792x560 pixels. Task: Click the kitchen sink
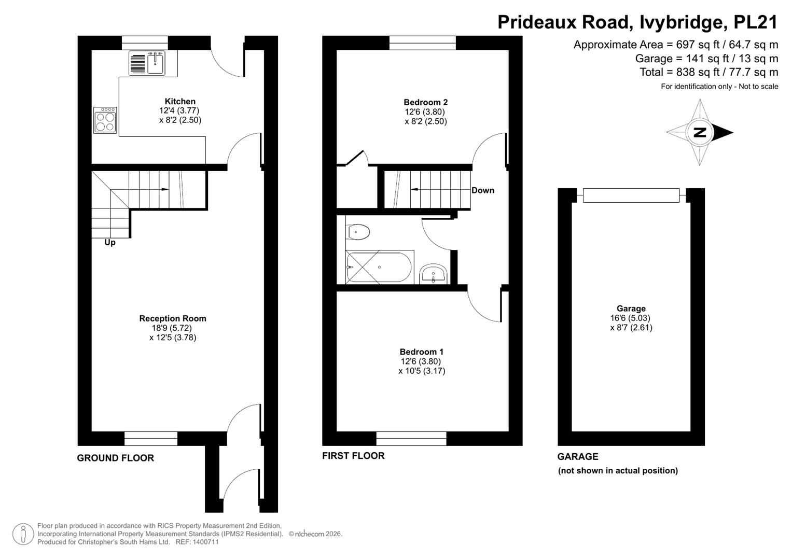coord(147,63)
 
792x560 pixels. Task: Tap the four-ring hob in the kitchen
coord(105,120)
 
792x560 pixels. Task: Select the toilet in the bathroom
coord(358,232)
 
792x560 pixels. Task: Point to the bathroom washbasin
coord(434,274)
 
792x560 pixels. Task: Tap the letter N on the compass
coord(700,133)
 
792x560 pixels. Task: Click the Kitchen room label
coord(180,102)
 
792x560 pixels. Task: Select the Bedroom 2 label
coord(426,103)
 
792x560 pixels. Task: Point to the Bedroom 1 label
coord(422,352)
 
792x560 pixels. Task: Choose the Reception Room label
coord(173,318)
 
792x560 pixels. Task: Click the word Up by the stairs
coord(110,243)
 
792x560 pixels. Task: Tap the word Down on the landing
coord(483,190)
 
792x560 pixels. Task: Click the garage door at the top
coord(631,195)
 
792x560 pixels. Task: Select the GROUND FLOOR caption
coord(116,458)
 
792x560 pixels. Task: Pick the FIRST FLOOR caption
coord(353,456)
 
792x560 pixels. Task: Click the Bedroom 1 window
coord(411,438)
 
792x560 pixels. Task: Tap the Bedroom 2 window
coord(423,43)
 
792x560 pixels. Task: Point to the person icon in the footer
coord(23,534)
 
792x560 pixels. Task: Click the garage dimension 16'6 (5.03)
coord(630,318)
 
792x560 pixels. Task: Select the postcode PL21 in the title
coord(756,22)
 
